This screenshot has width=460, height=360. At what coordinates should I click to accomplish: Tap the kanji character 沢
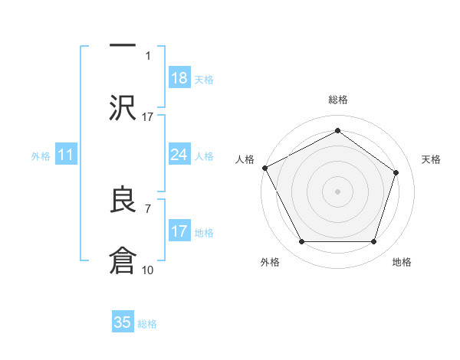pyautogui.click(x=123, y=107)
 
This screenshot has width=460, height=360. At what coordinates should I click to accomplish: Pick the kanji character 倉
pyautogui.click(x=123, y=260)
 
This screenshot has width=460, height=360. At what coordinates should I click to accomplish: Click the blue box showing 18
pyautogui.click(x=179, y=78)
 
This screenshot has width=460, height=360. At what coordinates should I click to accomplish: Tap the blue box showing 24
pyautogui.click(x=179, y=155)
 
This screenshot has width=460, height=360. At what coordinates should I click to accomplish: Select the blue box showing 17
pyautogui.click(x=179, y=231)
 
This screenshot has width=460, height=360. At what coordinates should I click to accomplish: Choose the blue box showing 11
pyautogui.click(x=66, y=155)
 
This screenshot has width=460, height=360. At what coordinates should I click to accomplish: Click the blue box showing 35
pyautogui.click(x=123, y=322)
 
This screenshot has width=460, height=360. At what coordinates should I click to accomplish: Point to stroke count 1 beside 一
pyautogui.click(x=148, y=55)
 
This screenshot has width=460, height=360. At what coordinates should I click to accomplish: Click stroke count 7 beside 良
pyautogui.click(x=148, y=208)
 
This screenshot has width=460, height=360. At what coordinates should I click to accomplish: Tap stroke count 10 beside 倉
pyautogui.click(x=148, y=270)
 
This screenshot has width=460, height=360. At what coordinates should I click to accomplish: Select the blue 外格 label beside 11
pyautogui.click(x=41, y=156)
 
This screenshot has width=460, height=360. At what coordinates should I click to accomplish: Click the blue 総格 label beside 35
pyautogui.click(x=147, y=323)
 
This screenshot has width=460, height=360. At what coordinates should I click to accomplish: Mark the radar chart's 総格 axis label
pyautogui.click(x=337, y=100)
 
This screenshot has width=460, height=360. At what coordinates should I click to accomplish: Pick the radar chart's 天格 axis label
pyautogui.click(x=432, y=159)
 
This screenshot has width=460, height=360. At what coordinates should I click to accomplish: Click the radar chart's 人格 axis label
pyautogui.click(x=245, y=159)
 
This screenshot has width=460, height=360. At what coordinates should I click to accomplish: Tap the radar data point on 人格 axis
pyautogui.click(x=264, y=167)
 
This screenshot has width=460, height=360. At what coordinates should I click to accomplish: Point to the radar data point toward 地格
pyautogui.click(x=373, y=242)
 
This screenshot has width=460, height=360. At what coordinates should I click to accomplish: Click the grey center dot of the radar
pyautogui.click(x=337, y=191)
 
